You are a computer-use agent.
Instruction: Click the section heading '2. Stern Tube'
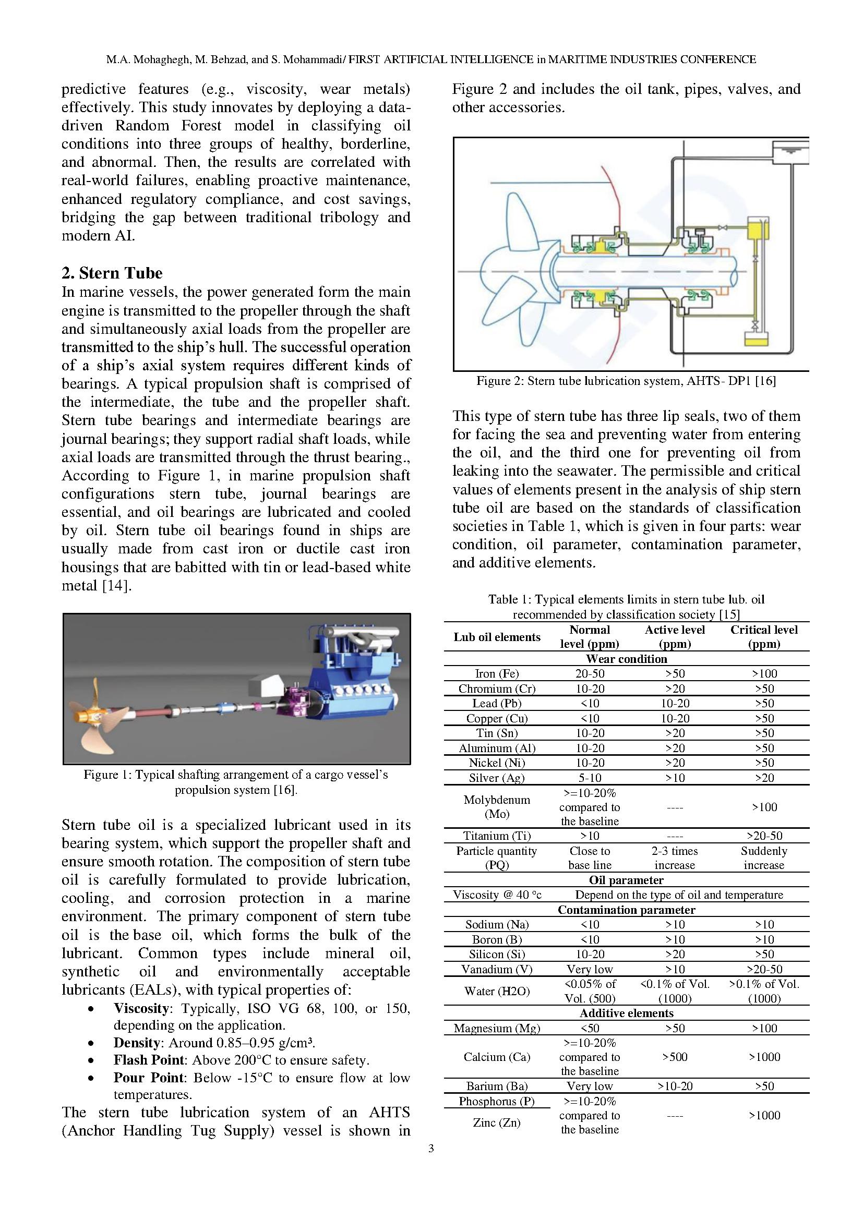click(x=112, y=273)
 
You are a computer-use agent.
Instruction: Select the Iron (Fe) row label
click(x=496, y=674)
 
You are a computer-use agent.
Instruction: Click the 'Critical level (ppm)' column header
click(x=764, y=636)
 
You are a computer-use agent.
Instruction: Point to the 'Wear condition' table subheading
click(x=626, y=659)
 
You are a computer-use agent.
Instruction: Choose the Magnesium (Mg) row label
click(x=496, y=1028)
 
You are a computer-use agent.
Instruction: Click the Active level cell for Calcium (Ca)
click(x=674, y=1057)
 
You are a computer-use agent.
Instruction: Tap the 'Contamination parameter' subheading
click(x=626, y=910)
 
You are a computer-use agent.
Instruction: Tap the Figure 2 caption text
click(x=626, y=381)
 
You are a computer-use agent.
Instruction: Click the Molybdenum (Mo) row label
click(x=496, y=806)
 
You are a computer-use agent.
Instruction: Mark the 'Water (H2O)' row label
click(x=496, y=991)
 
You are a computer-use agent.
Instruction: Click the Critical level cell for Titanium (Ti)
click(x=764, y=836)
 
